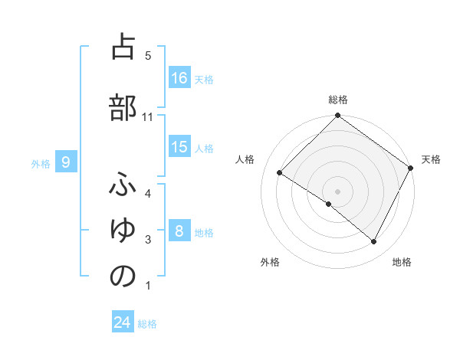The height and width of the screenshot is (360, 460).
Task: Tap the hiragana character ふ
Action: pos(123,186)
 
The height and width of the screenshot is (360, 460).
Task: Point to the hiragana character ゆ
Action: pos(123,232)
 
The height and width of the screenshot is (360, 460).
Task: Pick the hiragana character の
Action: pos(123,277)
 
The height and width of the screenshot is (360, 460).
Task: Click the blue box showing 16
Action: pos(179,78)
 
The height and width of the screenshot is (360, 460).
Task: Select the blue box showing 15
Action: pos(179,147)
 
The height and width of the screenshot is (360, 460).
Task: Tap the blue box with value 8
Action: pos(179,231)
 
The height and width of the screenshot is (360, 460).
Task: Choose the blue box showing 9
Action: pos(67,162)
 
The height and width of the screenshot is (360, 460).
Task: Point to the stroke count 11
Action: pos(148,117)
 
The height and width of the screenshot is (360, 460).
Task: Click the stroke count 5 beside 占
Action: pos(148,56)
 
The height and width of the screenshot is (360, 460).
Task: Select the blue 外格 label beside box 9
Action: pos(40,163)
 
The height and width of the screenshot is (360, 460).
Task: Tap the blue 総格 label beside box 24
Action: pos(148,323)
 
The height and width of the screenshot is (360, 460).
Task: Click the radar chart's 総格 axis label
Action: pos(337,100)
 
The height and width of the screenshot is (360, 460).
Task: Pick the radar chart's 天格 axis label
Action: pos(431,159)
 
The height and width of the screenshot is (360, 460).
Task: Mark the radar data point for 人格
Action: pos(280,173)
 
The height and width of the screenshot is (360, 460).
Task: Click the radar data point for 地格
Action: pos(374,242)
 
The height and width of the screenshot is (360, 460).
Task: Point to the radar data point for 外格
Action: pos(329,204)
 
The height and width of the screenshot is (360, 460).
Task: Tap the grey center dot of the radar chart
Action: pos(337,191)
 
